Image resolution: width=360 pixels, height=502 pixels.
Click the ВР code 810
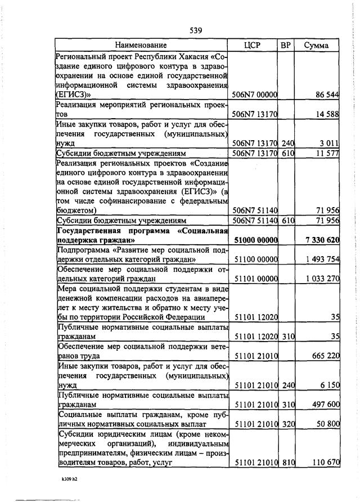289,463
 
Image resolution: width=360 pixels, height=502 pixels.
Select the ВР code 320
289,424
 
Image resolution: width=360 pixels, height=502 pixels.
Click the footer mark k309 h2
71,480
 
